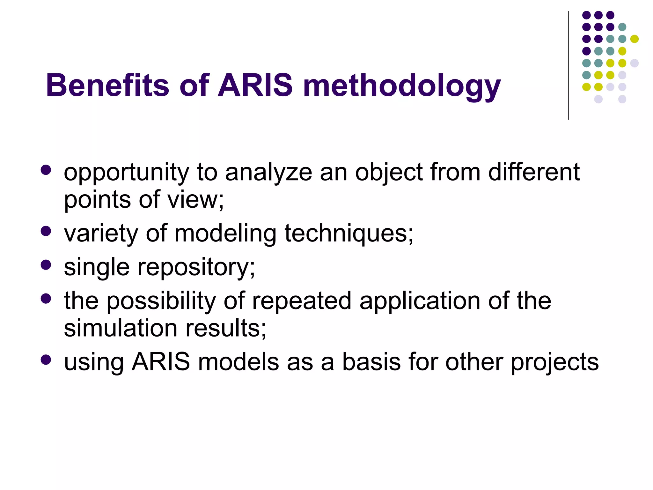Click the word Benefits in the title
point(107,85)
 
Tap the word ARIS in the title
point(255,85)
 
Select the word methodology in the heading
point(402,86)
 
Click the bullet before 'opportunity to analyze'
point(46,170)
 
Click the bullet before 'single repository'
point(46,265)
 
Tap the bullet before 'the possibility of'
point(46,299)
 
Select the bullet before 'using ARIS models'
point(46,360)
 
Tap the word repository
point(196,268)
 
